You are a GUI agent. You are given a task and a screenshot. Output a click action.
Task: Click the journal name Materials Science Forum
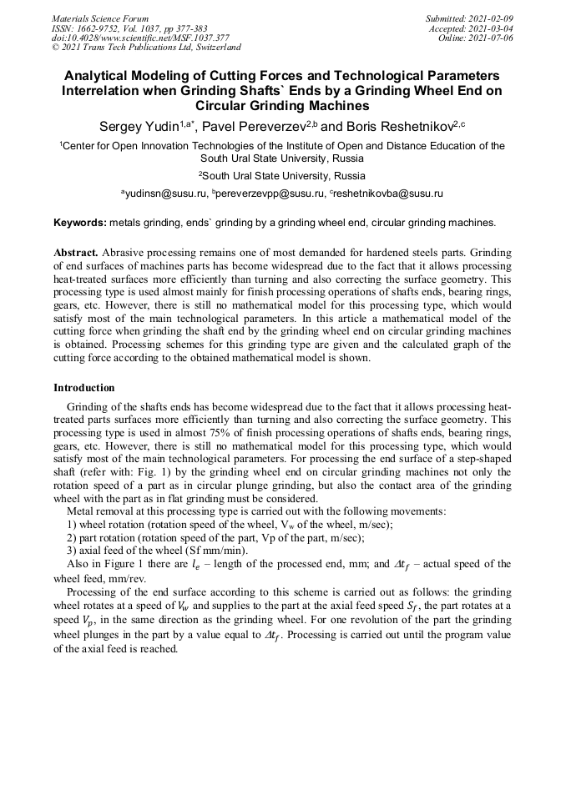tap(100, 18)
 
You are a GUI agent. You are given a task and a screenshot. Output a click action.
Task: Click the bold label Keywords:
tap(79, 223)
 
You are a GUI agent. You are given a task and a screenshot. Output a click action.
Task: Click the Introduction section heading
tap(84, 387)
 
